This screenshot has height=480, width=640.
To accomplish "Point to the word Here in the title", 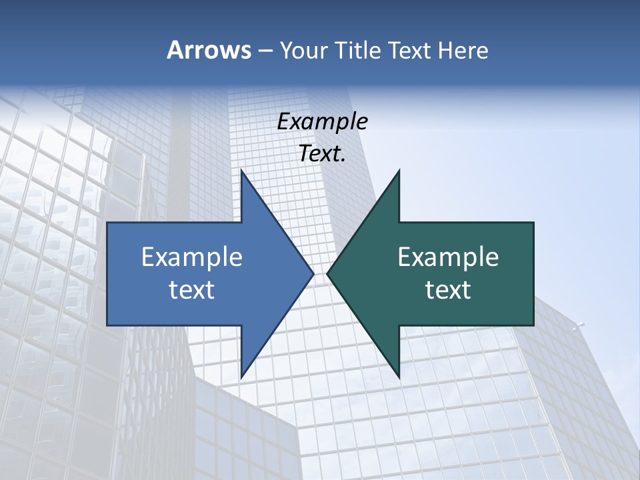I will (463, 51).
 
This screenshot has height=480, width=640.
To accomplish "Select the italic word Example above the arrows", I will (322, 121).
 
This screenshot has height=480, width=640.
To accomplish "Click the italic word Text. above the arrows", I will (322, 153).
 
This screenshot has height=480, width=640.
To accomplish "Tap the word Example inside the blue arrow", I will (192, 257).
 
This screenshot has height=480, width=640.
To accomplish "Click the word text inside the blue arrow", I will (192, 290).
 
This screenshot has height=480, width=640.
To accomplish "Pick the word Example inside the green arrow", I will (448, 257).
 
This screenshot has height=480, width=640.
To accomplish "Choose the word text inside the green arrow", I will (448, 290).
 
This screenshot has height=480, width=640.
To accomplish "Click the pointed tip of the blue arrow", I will (313, 273).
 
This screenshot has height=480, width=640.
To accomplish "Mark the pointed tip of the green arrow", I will (327, 273).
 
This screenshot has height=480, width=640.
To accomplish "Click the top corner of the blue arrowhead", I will (241, 171).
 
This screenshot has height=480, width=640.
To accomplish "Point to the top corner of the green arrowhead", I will (399, 171).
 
